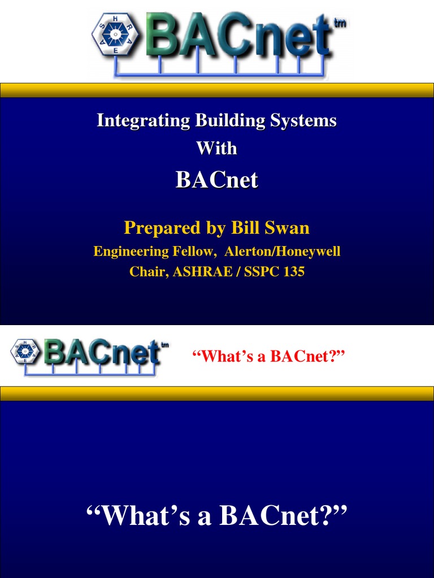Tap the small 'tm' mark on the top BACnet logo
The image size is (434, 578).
(x=340, y=24)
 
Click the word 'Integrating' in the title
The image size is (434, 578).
(x=143, y=120)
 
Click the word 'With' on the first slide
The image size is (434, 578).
(x=216, y=148)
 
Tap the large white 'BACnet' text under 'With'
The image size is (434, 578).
(x=216, y=180)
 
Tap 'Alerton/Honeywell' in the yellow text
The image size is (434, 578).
(x=282, y=251)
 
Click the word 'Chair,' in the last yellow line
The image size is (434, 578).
(x=149, y=272)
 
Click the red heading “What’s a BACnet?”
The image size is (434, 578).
(x=268, y=356)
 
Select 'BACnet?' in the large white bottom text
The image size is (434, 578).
(x=283, y=515)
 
